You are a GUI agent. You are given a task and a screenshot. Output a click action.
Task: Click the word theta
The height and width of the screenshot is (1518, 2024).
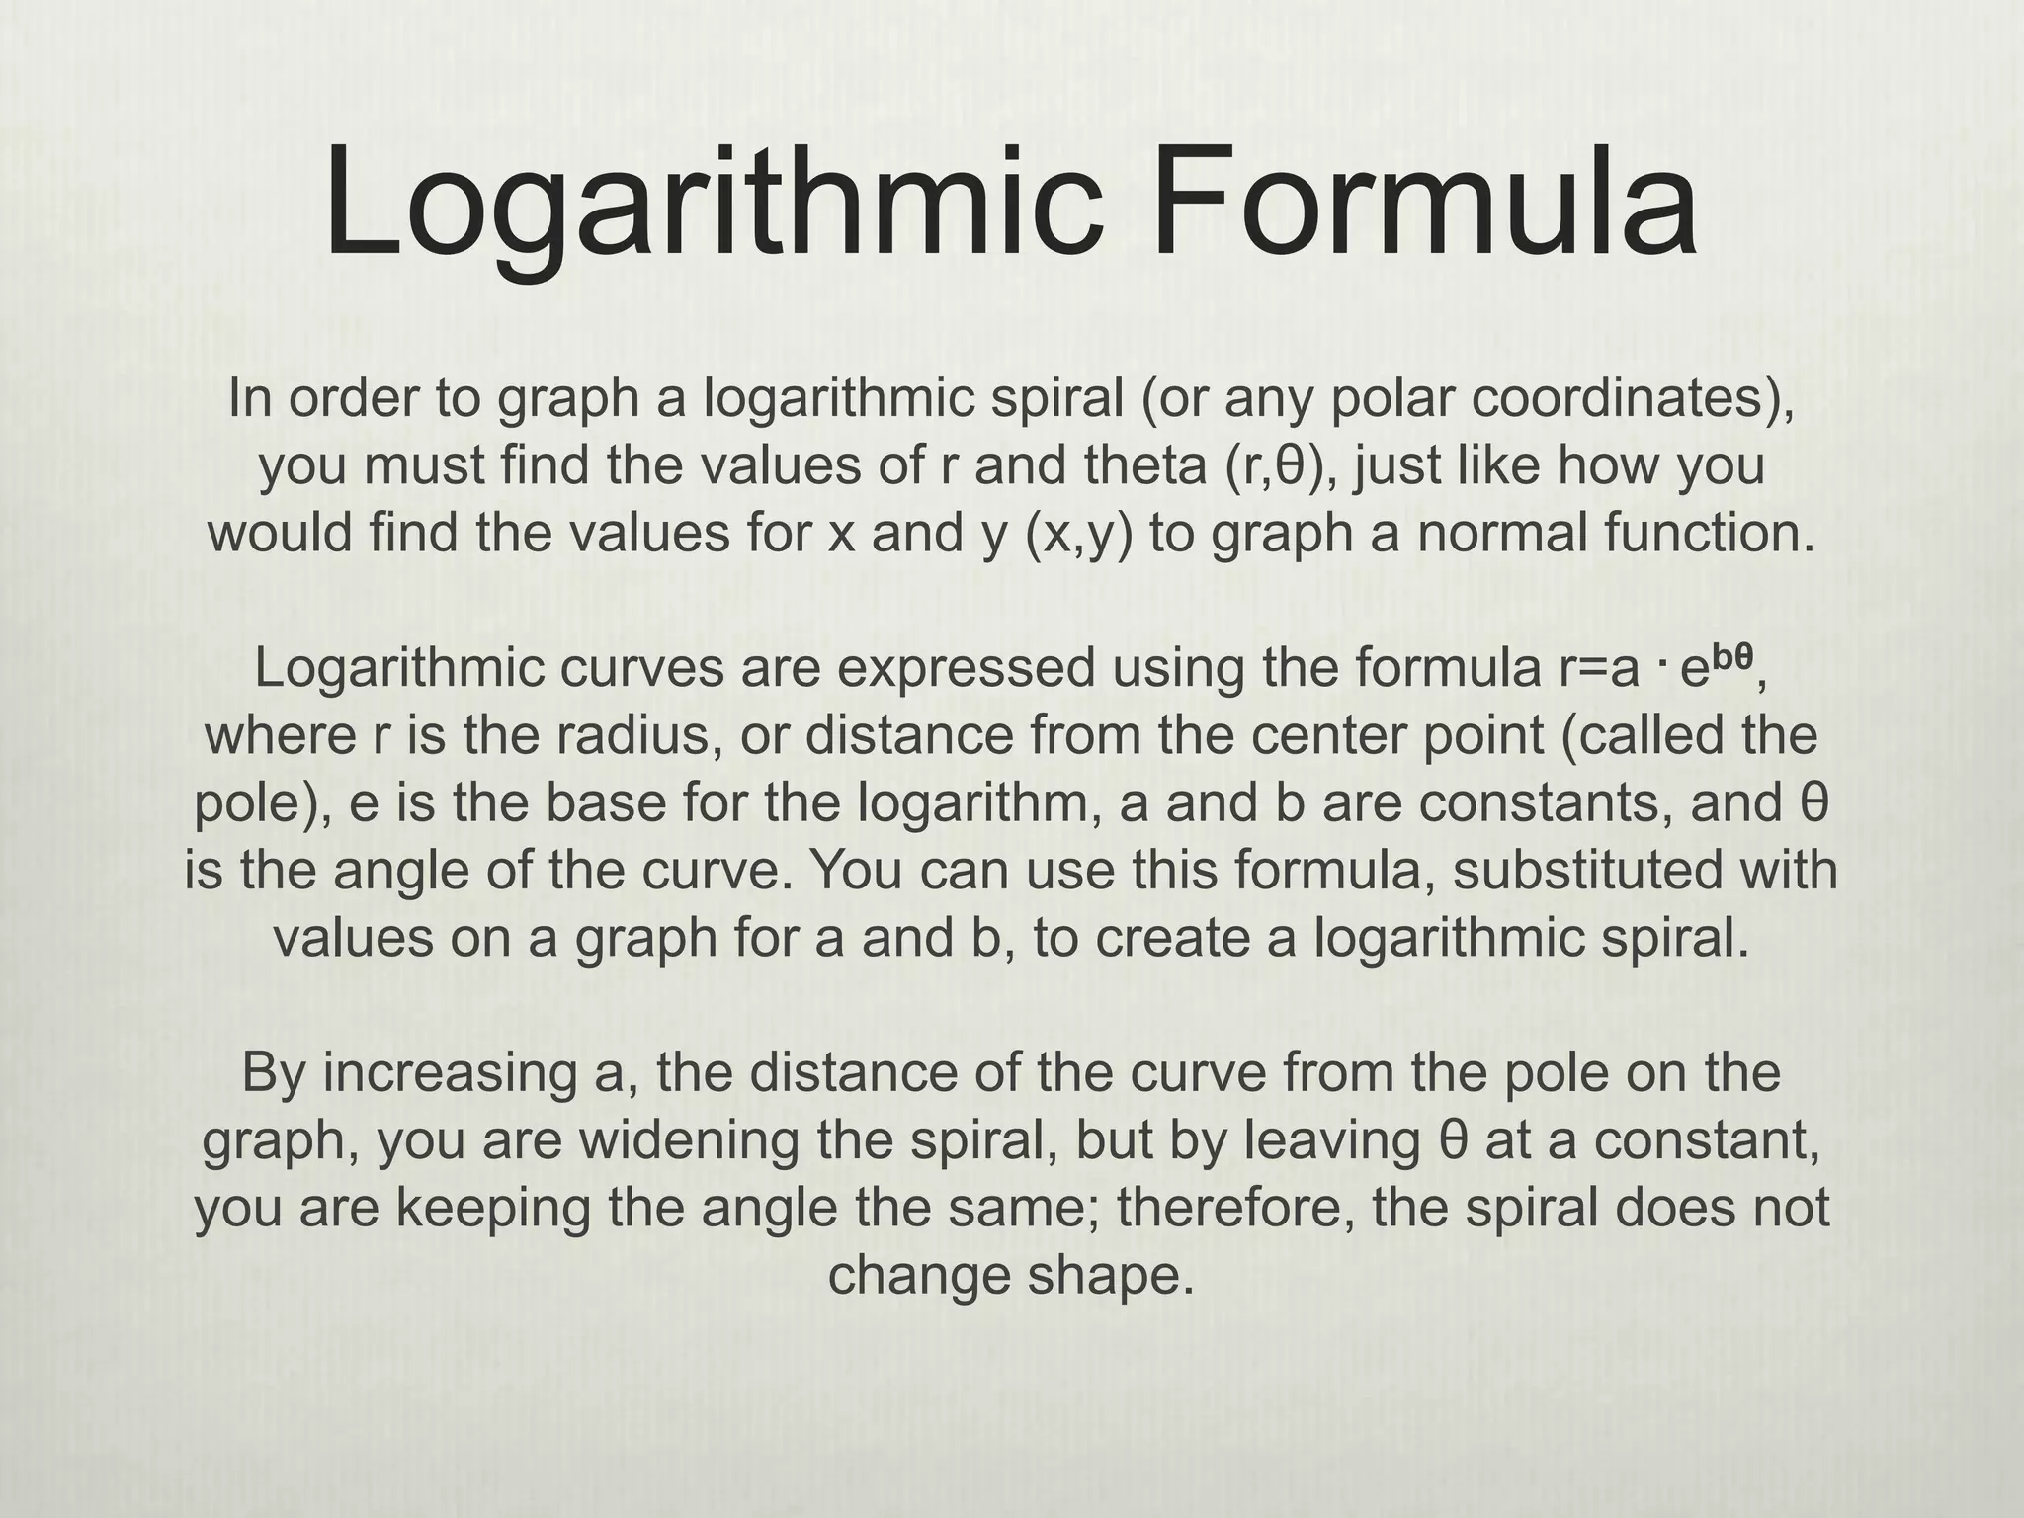(x=1138, y=465)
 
